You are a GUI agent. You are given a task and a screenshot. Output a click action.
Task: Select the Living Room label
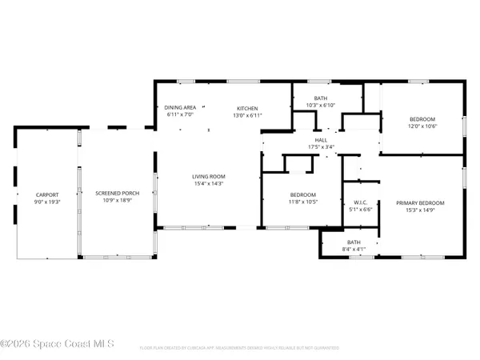click(208, 177)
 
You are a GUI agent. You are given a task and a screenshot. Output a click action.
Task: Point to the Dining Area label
click(180, 108)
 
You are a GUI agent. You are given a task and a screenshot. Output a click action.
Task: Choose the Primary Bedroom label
click(420, 203)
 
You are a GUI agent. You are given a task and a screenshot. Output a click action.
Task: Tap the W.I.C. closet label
click(358, 203)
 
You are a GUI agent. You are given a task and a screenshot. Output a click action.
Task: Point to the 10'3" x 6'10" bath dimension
click(320, 105)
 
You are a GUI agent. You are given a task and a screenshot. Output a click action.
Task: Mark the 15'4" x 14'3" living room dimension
click(208, 185)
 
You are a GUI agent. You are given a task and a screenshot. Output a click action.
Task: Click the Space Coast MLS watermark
click(56, 345)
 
